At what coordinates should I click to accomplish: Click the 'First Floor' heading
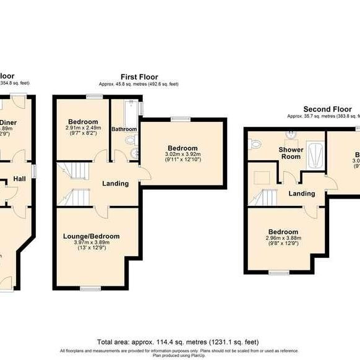pyautogui.click(x=139, y=77)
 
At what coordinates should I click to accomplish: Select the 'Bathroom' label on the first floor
pyautogui.click(x=124, y=129)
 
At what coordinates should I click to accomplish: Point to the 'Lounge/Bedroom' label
pyautogui.click(x=91, y=236)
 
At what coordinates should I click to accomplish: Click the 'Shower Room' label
pyautogui.click(x=291, y=153)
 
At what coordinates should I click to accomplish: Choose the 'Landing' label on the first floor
pyautogui.click(x=115, y=183)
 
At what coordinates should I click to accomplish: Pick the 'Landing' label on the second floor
pyautogui.click(x=302, y=194)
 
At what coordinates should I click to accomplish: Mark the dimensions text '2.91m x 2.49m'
pyautogui.click(x=82, y=128)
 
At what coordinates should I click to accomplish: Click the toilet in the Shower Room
pyautogui.click(x=255, y=144)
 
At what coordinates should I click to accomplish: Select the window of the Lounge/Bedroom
pyautogui.click(x=91, y=288)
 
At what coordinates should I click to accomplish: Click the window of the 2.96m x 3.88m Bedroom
pyautogui.click(x=279, y=272)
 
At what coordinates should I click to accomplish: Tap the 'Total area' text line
pyautogui.click(x=178, y=342)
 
